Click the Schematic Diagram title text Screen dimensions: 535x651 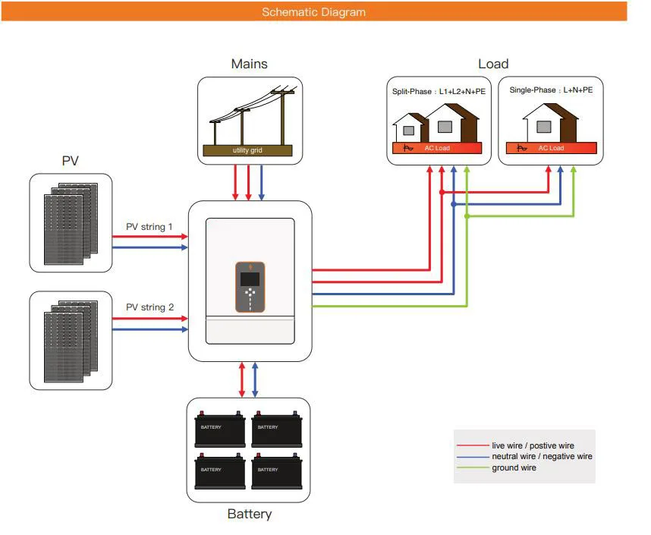click(313, 12)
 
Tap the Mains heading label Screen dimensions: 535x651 click(250, 65)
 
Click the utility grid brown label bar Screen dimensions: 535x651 click(247, 150)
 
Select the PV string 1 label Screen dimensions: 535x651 click(149, 226)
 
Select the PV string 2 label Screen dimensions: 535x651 click(149, 307)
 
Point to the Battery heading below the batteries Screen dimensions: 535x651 click(250, 515)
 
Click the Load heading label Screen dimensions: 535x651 click(493, 65)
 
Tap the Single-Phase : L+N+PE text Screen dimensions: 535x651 click(551, 90)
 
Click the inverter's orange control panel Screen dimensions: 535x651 click(250, 287)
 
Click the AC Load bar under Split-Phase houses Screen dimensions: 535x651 click(436, 148)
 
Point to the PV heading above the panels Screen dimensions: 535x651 click(71, 162)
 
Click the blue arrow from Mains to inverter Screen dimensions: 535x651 click(262, 182)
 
